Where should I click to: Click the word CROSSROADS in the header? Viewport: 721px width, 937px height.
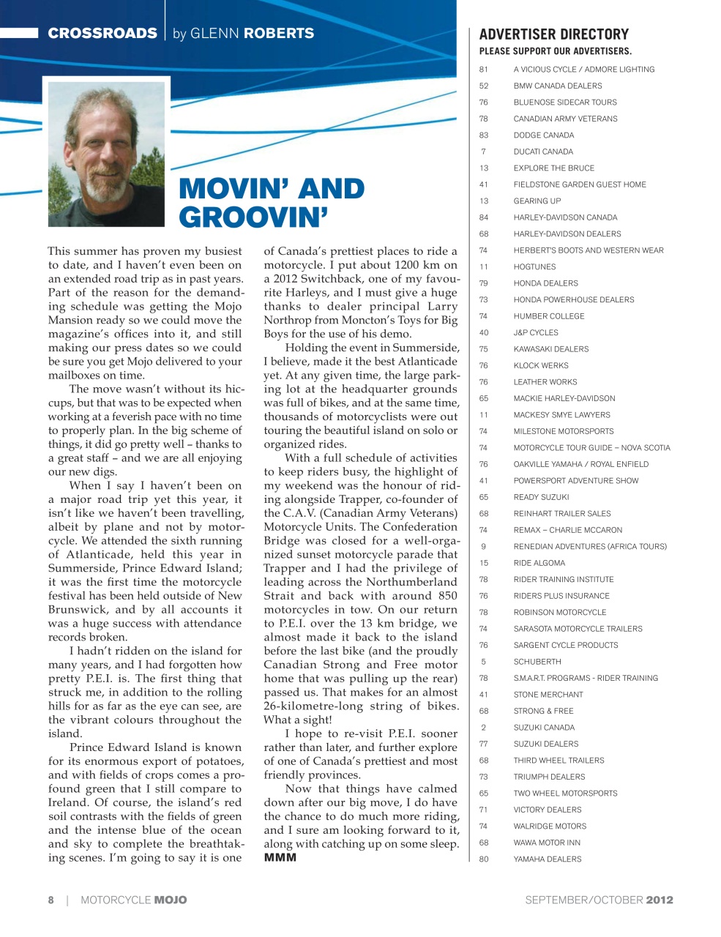pyautogui.click(x=102, y=34)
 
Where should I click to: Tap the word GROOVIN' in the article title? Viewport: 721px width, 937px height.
pyautogui.click(x=253, y=217)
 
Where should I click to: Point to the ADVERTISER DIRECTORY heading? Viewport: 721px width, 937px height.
pyautogui.click(x=553, y=34)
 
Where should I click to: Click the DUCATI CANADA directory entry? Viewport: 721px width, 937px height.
pyautogui.click(x=543, y=152)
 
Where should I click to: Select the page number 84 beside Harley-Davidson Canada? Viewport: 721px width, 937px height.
pyautogui.click(x=484, y=217)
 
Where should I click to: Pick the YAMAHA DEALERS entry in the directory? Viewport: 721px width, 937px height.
pyautogui.click(x=547, y=859)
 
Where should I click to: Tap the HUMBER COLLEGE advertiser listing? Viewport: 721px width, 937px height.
pyautogui.click(x=549, y=316)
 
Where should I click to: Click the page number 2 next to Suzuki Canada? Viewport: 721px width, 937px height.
pyautogui.click(x=484, y=728)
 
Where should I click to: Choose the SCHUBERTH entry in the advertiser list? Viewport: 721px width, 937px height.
pyautogui.click(x=537, y=662)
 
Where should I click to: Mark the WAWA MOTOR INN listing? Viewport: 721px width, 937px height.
pyautogui.click(x=547, y=843)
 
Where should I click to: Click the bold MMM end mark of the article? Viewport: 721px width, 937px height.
pyautogui.click(x=280, y=857)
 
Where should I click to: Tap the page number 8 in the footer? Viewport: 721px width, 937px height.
pyautogui.click(x=51, y=900)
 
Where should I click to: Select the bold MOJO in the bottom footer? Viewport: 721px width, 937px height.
pyautogui.click(x=170, y=900)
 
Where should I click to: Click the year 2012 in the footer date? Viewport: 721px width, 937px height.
pyautogui.click(x=659, y=900)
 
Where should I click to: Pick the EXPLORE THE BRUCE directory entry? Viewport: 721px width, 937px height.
pyautogui.click(x=553, y=168)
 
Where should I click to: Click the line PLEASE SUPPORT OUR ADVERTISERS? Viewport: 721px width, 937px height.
pyautogui.click(x=555, y=51)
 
